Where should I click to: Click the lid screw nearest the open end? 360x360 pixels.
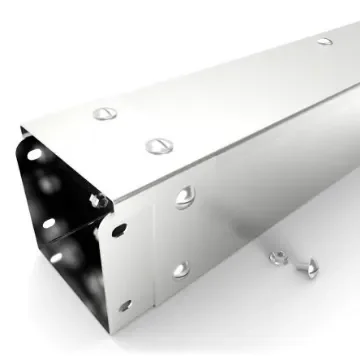105,113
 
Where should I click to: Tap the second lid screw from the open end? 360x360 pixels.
159,146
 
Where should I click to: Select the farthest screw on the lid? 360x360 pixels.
325,41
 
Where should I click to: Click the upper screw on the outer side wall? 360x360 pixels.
185,197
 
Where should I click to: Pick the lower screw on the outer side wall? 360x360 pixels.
180,269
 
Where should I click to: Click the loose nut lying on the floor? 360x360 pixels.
277,257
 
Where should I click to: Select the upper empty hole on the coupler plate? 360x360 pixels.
120,230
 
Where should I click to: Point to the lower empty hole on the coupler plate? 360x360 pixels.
125,305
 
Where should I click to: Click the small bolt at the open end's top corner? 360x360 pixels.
97,201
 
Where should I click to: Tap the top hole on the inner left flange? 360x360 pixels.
36,155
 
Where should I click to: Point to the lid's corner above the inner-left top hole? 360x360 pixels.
22,129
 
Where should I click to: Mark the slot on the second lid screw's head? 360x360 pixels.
159,146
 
